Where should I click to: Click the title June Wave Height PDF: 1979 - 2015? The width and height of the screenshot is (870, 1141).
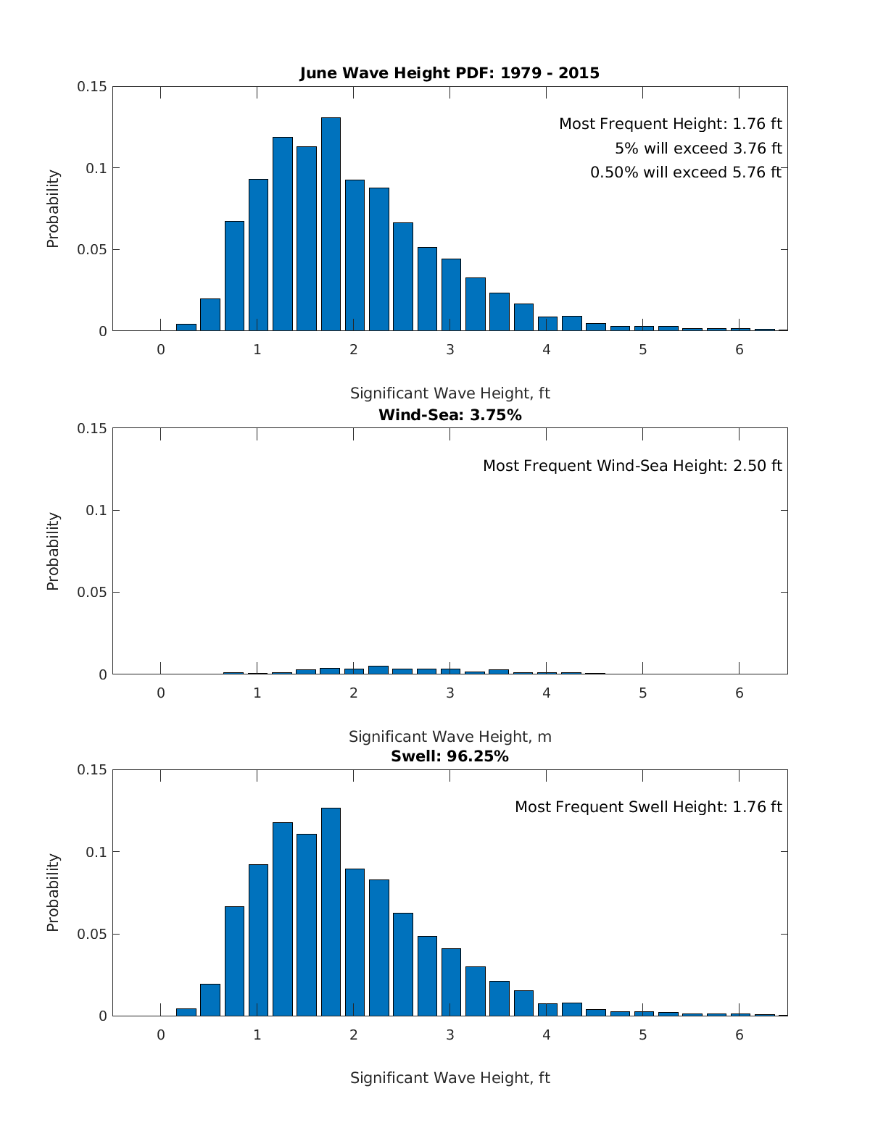point(449,73)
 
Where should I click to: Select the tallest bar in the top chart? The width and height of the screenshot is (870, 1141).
point(331,224)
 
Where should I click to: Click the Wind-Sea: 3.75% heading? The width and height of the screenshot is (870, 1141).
point(449,415)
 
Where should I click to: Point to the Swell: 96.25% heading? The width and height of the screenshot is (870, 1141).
point(449,756)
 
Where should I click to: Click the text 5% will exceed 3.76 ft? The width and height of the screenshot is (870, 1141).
point(698,149)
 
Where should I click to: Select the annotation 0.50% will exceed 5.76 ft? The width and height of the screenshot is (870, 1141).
point(686,172)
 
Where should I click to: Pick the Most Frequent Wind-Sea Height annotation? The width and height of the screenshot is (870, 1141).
point(632,466)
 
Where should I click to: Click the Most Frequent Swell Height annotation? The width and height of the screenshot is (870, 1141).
point(648,807)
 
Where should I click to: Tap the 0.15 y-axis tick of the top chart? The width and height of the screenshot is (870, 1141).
point(92,87)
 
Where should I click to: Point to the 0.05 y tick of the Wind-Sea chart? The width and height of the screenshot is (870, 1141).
point(92,593)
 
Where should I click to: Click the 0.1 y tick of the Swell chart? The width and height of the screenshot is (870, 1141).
point(96,852)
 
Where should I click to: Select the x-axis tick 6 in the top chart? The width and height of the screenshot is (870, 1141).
point(739,349)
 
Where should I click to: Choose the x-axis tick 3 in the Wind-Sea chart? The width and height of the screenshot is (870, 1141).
point(449,693)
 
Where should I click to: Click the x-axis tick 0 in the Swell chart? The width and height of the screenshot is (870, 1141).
point(161,1035)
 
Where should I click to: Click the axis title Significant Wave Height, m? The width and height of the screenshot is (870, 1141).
point(449,737)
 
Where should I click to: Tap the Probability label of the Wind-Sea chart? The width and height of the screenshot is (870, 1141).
point(53,551)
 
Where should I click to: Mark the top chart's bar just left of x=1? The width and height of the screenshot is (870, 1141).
point(234,276)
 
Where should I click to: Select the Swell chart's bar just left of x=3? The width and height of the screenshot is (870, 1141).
point(427,976)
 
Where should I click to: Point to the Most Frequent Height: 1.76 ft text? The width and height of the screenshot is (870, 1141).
point(670,124)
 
